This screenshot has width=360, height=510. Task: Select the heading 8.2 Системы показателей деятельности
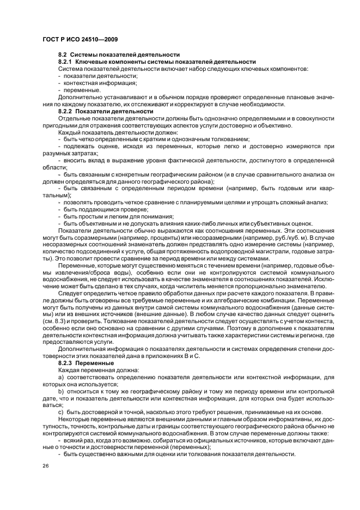[x=119, y=55]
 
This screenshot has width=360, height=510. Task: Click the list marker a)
[x=61, y=377]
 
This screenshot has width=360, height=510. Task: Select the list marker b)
[x=61, y=391]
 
